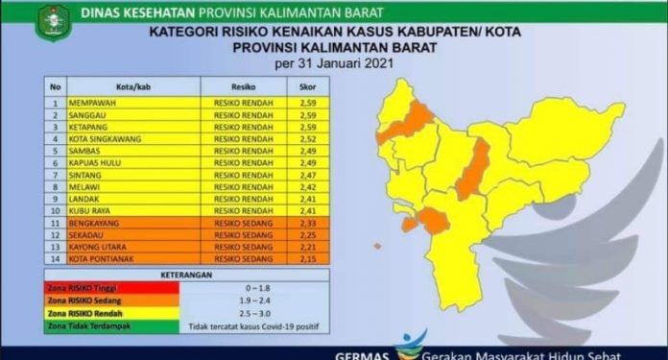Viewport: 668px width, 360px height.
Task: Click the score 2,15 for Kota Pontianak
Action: [x=295, y=258]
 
